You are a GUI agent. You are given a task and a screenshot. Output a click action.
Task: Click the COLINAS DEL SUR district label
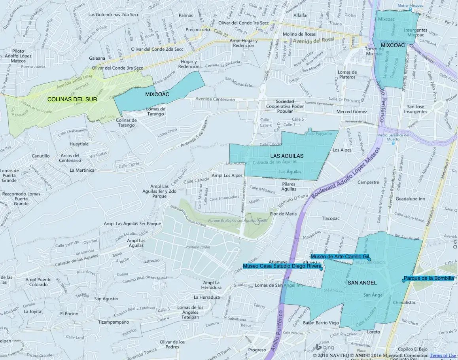tap(72, 99)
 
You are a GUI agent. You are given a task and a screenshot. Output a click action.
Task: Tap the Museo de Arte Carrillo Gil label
tap(340, 257)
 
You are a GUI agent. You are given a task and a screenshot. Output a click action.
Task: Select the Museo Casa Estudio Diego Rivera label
tap(282, 266)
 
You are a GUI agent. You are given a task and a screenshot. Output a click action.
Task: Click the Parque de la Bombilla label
tap(429, 279)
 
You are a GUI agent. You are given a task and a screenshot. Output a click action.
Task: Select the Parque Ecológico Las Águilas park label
tap(227, 221)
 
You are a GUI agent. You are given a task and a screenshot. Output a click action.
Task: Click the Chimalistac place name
tap(407, 303)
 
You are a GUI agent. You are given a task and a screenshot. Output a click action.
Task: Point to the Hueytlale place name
tap(79, 144)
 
